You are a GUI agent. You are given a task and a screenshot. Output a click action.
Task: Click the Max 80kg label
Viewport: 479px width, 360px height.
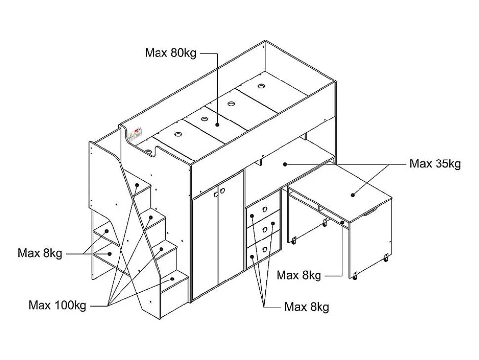[170, 53]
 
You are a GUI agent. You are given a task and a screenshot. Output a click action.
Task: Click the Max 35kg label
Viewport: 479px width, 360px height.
[435, 164]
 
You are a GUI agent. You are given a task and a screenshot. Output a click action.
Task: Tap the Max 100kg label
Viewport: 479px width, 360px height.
[57, 305]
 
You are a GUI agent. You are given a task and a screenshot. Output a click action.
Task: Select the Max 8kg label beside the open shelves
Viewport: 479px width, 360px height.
[40, 253]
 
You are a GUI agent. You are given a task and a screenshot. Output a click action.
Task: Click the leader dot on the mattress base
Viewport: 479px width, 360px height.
[217, 125]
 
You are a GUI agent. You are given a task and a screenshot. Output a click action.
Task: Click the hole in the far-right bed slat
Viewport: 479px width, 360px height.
[261, 87]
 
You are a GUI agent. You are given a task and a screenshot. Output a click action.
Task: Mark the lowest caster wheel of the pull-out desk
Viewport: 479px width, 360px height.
[354, 276]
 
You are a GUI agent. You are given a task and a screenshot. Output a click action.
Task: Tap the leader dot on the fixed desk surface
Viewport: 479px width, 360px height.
[285, 163]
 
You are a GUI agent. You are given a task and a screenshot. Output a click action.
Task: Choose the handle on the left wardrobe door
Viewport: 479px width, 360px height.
[216, 195]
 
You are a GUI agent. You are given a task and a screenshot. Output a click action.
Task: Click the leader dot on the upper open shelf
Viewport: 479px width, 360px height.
[106, 231]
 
